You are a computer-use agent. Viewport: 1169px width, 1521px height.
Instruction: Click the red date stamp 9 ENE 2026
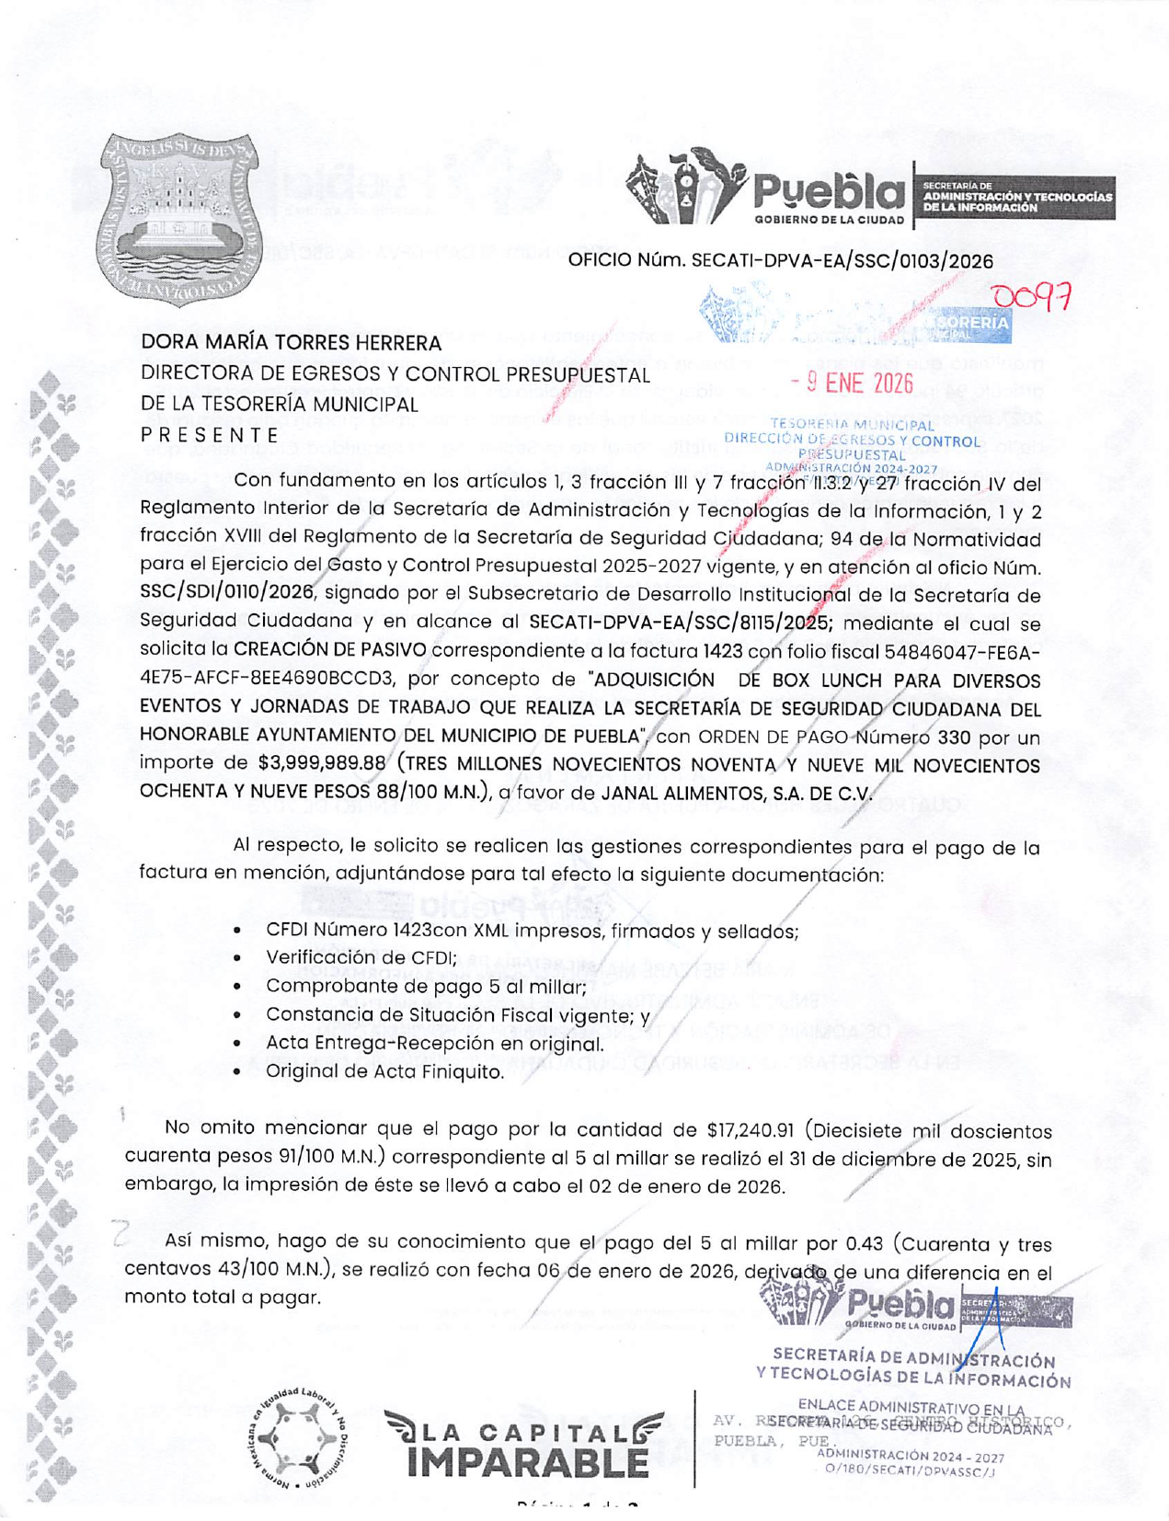point(851,383)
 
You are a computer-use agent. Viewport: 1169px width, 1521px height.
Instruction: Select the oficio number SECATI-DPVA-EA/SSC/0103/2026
point(842,261)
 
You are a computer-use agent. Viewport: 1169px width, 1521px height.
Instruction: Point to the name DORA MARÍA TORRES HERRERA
point(291,343)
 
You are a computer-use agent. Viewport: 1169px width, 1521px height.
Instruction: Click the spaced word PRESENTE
point(210,434)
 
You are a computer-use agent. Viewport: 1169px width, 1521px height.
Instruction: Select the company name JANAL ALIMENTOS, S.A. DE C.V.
point(736,792)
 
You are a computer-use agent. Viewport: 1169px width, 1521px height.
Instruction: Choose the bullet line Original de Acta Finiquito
point(384,1072)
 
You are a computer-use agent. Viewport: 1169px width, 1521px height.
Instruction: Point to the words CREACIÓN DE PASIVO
point(329,650)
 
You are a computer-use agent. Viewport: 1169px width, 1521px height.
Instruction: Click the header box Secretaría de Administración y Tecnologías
point(1015,198)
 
